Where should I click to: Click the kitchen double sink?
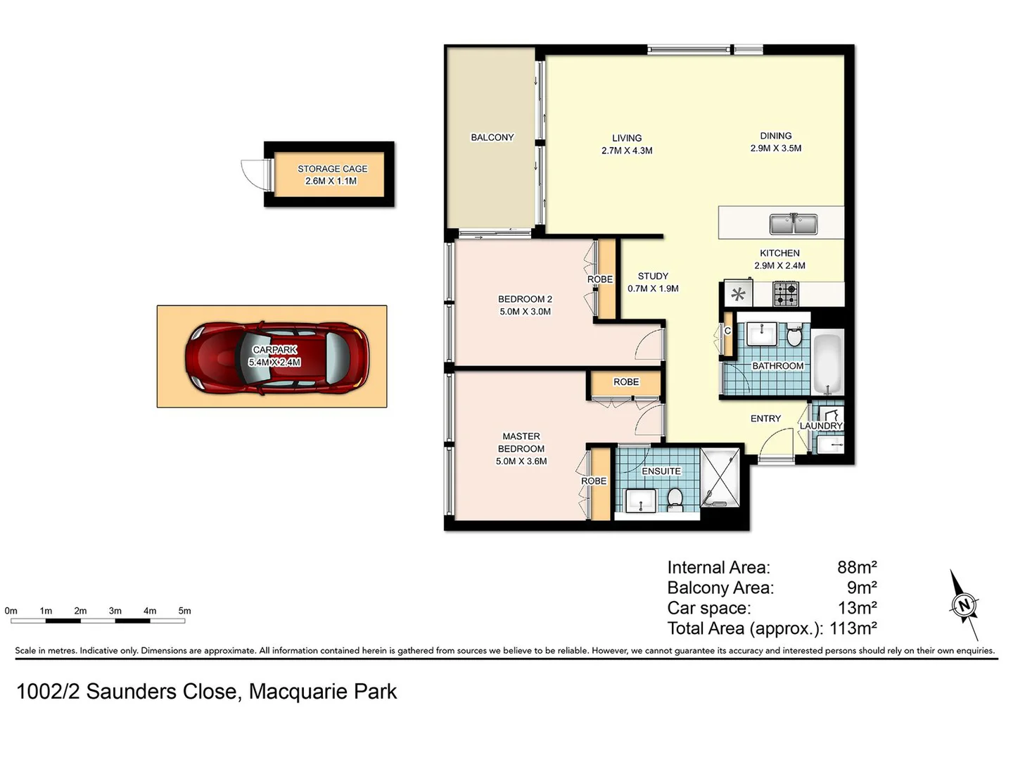[793, 224]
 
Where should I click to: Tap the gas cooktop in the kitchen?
[786, 293]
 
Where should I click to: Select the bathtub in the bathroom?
[827, 363]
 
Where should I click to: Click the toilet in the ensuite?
[675, 498]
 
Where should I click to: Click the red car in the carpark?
[276, 357]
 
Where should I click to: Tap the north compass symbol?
[964, 604]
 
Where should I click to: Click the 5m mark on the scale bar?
[184, 611]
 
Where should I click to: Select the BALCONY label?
[492, 137]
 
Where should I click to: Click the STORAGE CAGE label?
[332, 169]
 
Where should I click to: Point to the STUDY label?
[653, 276]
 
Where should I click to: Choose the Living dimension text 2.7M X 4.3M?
[627, 151]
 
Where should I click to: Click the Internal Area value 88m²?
[857, 567]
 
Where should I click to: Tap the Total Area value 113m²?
[853, 628]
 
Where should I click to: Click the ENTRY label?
[765, 418]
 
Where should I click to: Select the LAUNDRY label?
[821, 426]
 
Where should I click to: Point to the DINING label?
[775, 136]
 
